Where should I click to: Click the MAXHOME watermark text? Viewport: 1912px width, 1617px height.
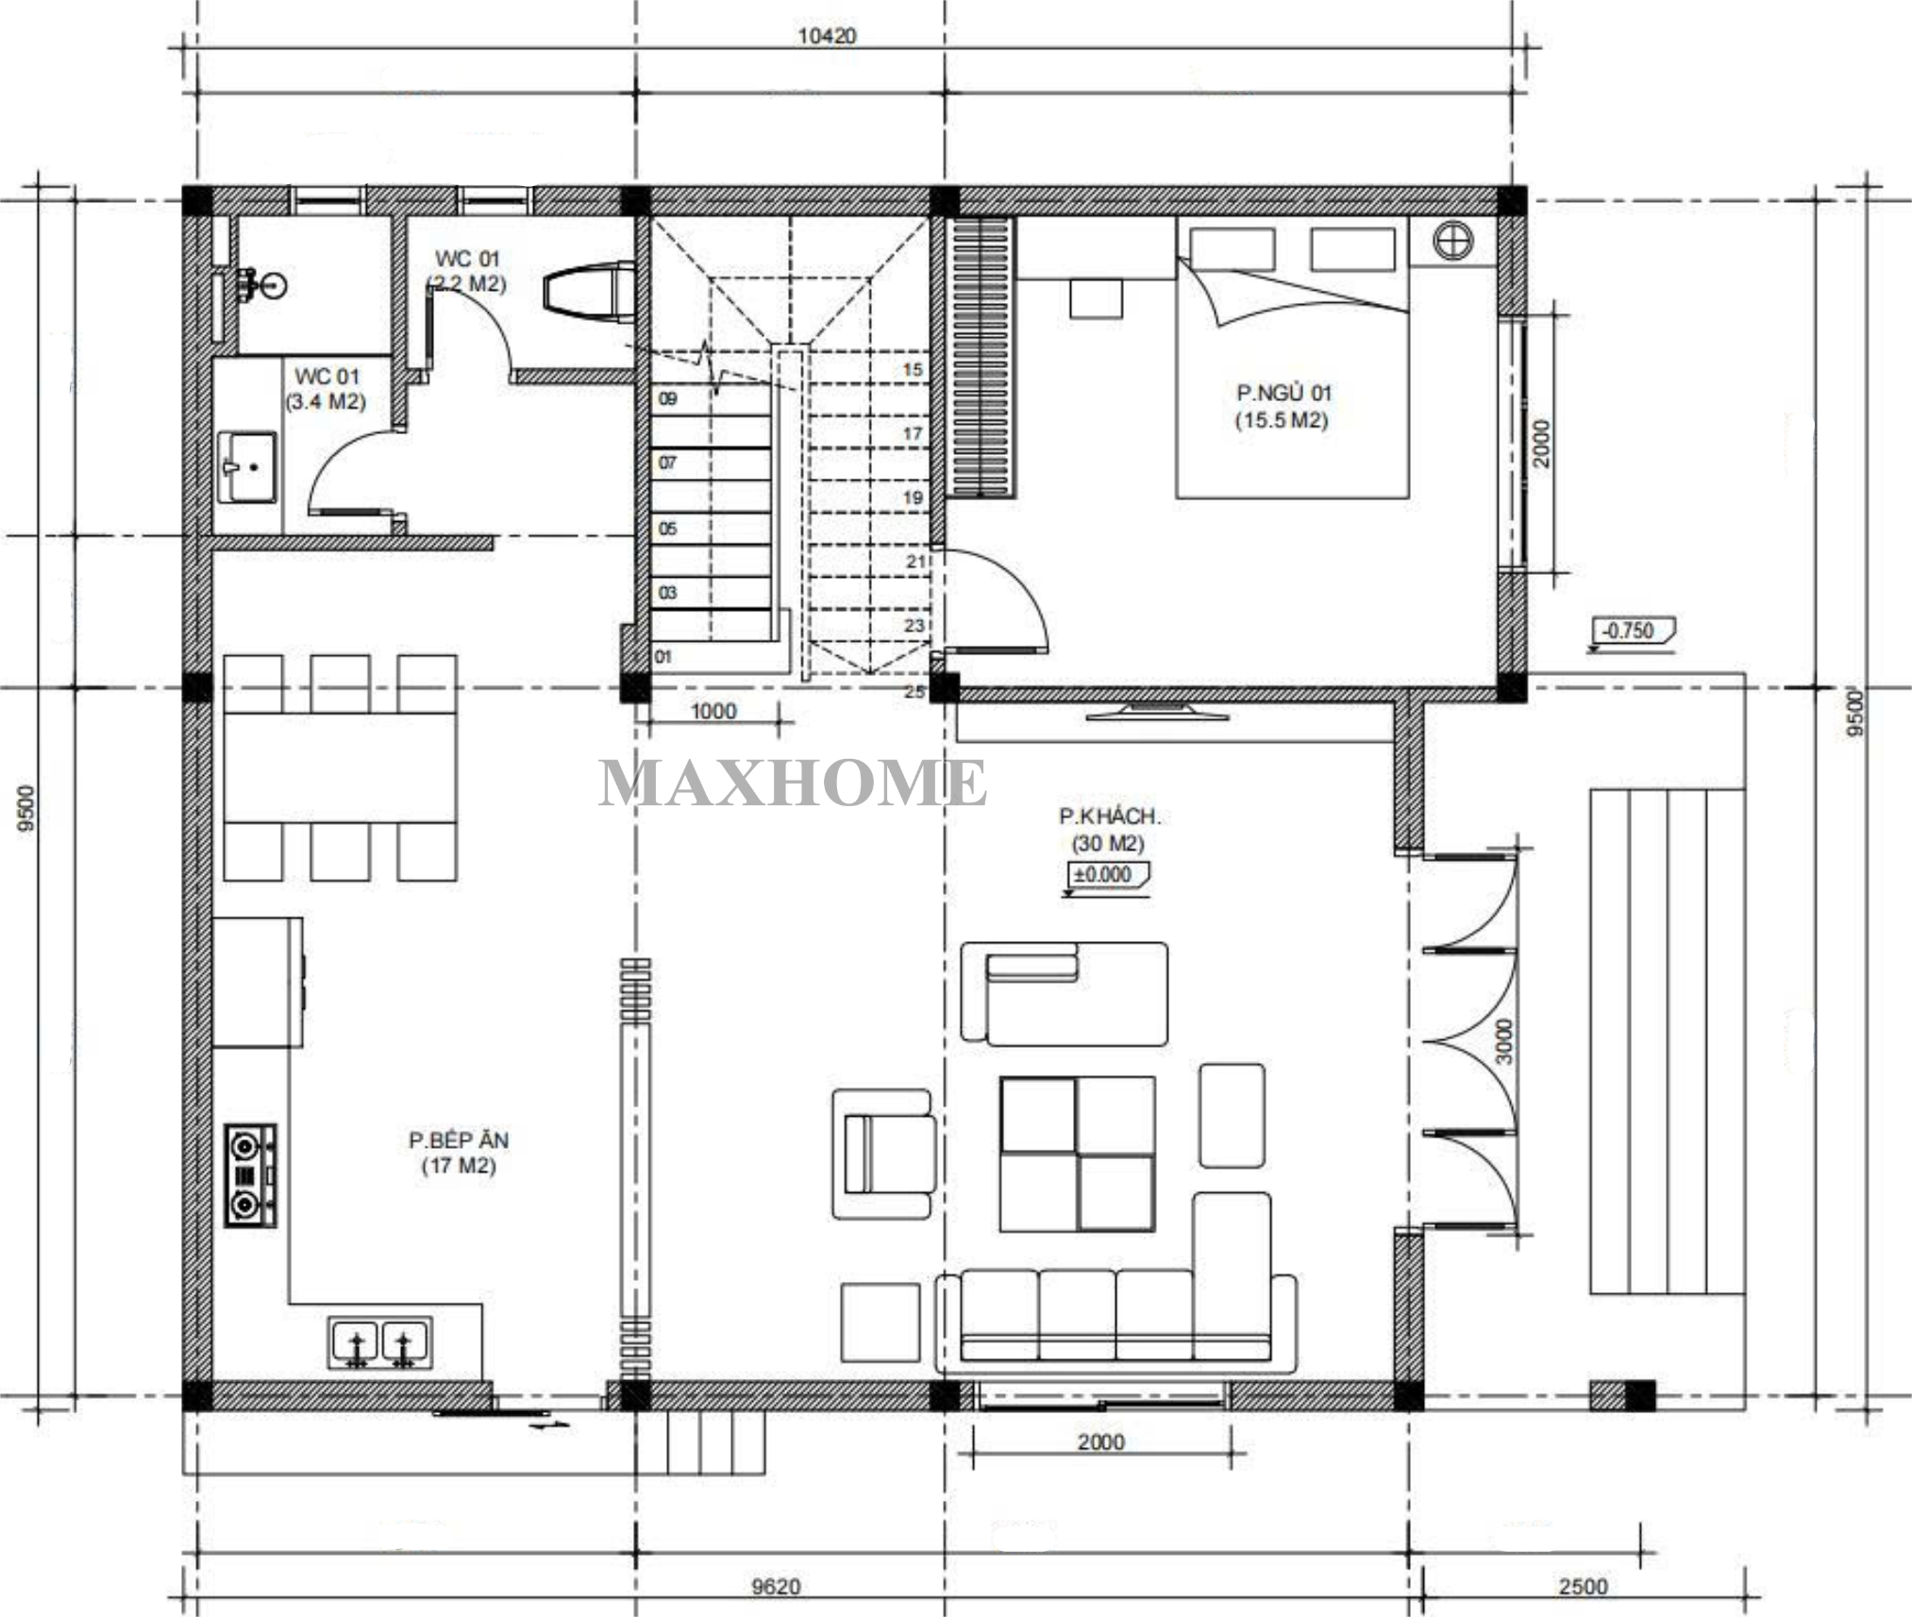click(x=793, y=783)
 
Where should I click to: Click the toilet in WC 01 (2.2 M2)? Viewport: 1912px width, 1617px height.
click(x=590, y=292)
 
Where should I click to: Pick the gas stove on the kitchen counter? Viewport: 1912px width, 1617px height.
click(x=250, y=1175)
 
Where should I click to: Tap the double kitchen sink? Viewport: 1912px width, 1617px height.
click(x=380, y=1342)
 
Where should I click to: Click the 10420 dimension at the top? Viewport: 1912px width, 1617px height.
click(x=827, y=36)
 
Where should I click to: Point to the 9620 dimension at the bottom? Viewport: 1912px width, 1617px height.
click(x=776, y=1586)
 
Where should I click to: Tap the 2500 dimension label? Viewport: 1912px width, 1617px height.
click(x=1583, y=1586)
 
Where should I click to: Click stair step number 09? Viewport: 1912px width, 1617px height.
click(x=667, y=398)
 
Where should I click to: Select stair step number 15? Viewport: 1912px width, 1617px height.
click(x=913, y=369)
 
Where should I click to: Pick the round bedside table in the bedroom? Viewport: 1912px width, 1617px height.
click(x=1452, y=241)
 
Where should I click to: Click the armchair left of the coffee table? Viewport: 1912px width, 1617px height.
click(x=884, y=1154)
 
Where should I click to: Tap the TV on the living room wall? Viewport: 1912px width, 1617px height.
click(x=1157, y=711)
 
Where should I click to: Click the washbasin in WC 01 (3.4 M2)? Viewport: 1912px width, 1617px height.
click(x=247, y=467)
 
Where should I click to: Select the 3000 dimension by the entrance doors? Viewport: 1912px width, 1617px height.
click(x=1504, y=1040)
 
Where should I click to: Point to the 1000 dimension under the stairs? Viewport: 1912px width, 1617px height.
click(x=713, y=711)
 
